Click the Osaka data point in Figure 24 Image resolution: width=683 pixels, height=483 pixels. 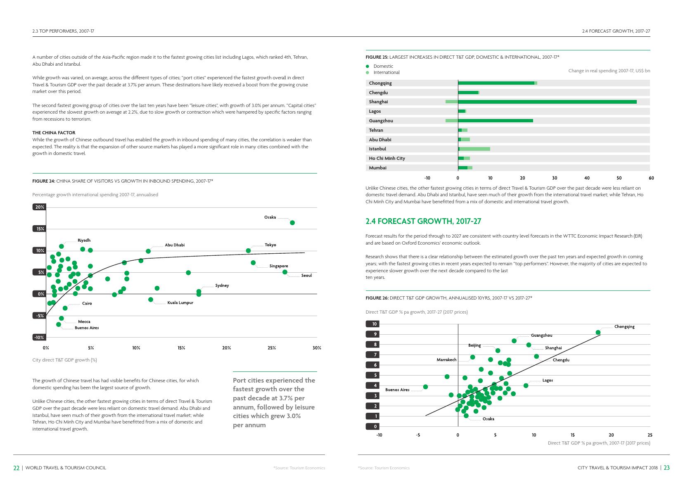292,223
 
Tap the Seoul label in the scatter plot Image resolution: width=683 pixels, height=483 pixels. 306,276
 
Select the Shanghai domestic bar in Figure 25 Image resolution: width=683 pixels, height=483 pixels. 547,102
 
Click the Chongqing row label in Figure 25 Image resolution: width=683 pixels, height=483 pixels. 380,83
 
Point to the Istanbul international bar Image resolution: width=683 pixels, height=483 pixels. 475,149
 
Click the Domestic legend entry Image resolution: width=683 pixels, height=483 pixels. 383,66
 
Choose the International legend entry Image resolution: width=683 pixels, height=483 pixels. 386,72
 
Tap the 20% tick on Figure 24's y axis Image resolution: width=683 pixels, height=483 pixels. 40,207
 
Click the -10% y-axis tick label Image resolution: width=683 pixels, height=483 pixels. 39,338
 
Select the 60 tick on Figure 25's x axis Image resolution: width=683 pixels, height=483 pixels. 651,178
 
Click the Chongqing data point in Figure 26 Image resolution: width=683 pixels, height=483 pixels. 598,333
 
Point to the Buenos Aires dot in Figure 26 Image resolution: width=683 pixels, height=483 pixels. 425,387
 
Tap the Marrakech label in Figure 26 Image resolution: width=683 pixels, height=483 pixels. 446,360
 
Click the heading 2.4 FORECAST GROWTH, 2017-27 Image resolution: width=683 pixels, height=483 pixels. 423,221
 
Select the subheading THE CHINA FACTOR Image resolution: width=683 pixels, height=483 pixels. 54,133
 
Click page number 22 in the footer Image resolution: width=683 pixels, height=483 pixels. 17,468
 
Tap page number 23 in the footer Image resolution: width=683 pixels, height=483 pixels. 666,468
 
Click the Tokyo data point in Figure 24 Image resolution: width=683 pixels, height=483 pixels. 248,251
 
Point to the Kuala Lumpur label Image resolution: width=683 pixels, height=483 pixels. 180,303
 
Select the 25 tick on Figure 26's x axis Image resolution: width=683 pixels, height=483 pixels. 650,435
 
